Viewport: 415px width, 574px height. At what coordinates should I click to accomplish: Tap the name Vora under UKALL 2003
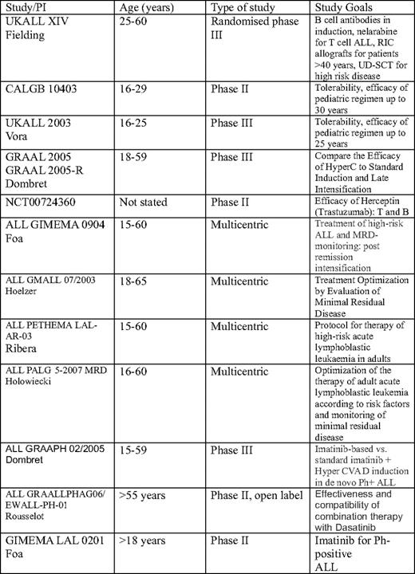(18, 140)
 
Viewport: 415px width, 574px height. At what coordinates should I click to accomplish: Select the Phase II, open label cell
(256, 495)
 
